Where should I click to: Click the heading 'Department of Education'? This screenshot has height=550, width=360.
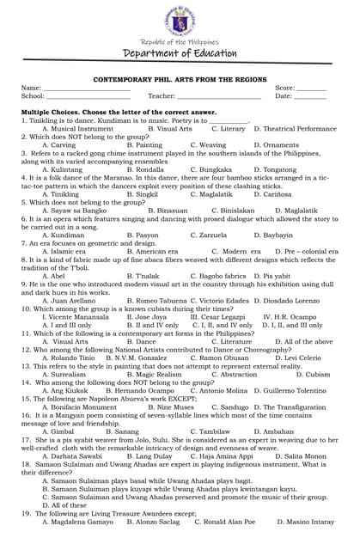tap(180, 53)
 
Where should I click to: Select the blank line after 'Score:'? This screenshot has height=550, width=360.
tap(311, 89)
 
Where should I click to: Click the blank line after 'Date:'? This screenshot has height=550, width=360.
tap(311, 98)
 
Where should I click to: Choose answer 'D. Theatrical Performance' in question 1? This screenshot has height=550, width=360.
tap(295, 129)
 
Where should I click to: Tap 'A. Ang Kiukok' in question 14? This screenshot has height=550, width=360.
tap(65, 390)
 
